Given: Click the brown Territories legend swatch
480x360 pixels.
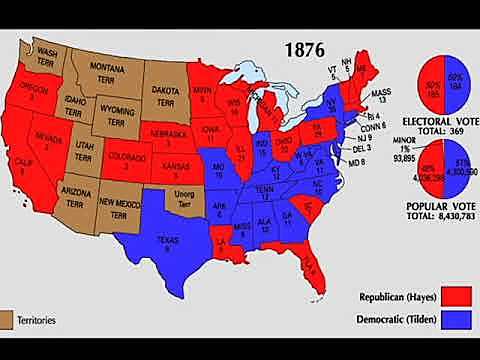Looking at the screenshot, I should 9,320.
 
